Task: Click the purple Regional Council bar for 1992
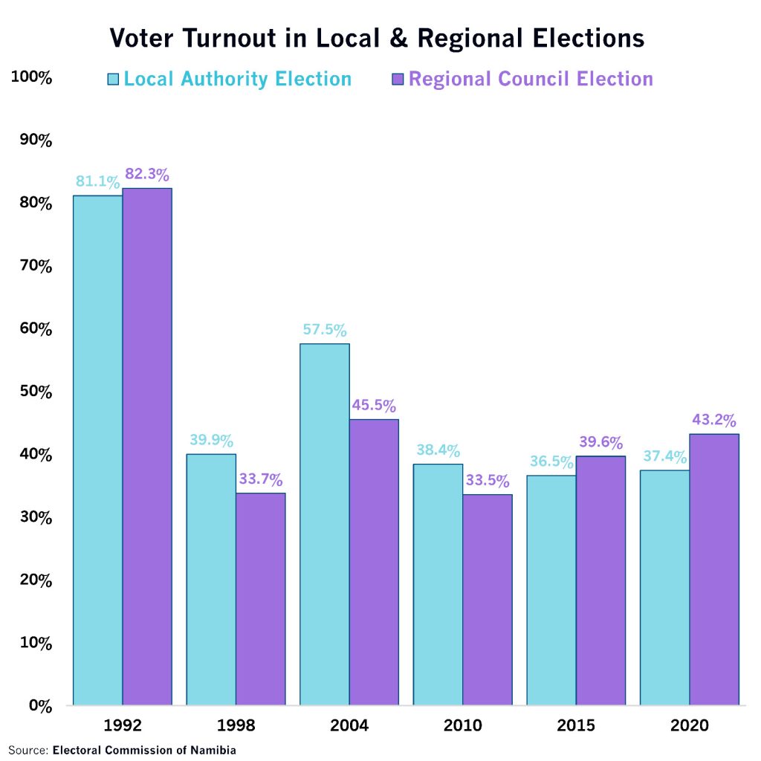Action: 147,446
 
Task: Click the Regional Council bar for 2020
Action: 714,569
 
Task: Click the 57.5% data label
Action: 324,330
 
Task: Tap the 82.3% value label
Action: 147,175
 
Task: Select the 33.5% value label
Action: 488,480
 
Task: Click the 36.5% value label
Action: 551,462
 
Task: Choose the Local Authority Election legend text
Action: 237,79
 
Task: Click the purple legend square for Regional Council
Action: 397,79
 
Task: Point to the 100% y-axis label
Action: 31,77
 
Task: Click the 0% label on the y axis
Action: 37,705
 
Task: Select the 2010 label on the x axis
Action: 462,725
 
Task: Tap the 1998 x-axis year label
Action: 236,725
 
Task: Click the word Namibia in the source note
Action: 211,750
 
